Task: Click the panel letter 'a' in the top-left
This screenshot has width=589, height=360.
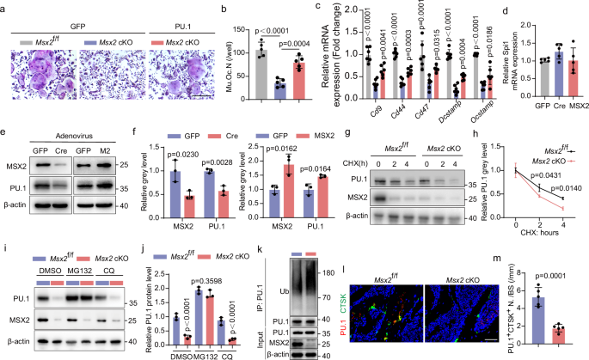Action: [x=5, y=7]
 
